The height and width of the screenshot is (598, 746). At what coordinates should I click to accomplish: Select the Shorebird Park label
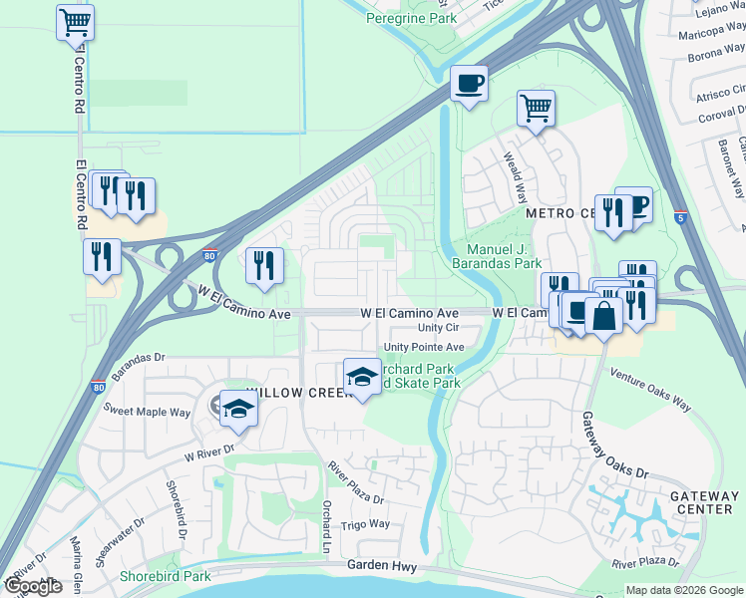pos(165,576)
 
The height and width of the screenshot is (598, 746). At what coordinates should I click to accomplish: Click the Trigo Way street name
pos(366,524)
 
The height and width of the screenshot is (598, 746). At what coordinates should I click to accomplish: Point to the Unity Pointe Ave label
pos(425,347)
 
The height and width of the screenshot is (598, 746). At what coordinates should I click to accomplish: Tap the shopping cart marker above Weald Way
pos(536,108)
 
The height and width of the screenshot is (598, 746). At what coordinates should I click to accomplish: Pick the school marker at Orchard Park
pos(362,377)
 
